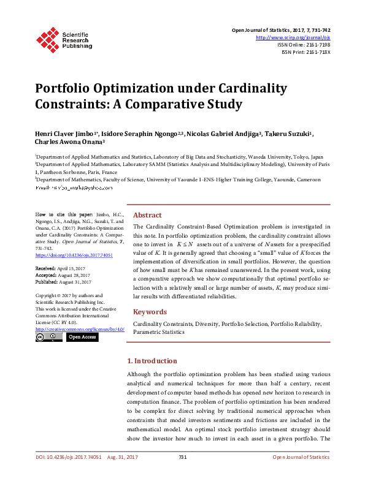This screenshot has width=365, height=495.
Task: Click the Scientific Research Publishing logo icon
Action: tap(47, 39)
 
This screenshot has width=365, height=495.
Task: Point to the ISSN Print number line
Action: tap(305, 52)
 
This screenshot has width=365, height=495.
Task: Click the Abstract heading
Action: tap(147, 215)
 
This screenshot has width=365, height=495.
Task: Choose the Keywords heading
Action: tap(150, 311)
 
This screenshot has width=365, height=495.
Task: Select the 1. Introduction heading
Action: tap(152, 361)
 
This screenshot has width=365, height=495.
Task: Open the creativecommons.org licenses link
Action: tap(80, 329)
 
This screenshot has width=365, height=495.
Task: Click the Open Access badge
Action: tap(82, 337)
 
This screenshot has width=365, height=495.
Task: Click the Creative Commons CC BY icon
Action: tap(49, 337)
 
